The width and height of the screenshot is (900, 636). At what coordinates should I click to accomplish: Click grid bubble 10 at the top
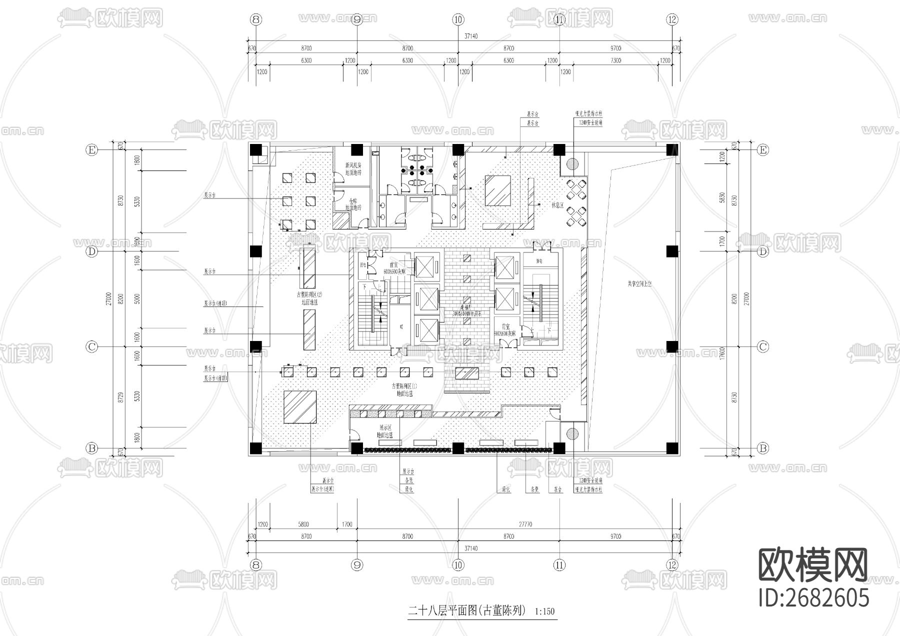pyautogui.click(x=458, y=20)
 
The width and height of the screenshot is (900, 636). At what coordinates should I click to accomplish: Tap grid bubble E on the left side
pyautogui.click(x=91, y=150)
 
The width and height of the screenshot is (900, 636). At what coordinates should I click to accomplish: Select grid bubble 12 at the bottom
pyautogui.click(x=672, y=565)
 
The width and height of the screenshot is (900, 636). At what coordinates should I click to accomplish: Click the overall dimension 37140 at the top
pyautogui.click(x=471, y=36)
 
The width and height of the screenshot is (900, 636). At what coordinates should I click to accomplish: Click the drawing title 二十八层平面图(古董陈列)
pyautogui.click(x=467, y=610)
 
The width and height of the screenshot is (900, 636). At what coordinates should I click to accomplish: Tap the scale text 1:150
pyautogui.click(x=544, y=611)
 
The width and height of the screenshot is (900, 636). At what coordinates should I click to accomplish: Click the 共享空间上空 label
pyautogui.click(x=639, y=283)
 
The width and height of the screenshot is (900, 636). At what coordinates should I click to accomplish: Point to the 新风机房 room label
pyautogui.click(x=353, y=165)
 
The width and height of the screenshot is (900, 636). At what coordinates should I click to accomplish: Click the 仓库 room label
pyautogui.click(x=353, y=201)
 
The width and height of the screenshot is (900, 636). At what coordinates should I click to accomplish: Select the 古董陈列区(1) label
pyautogui.click(x=404, y=386)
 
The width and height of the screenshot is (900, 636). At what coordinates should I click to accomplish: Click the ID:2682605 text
pyautogui.click(x=813, y=597)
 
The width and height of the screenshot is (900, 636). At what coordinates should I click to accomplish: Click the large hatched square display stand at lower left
pyautogui.click(x=300, y=407)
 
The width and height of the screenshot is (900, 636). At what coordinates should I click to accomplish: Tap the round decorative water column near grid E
pyautogui.click(x=572, y=163)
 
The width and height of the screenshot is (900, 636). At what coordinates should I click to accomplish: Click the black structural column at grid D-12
pyautogui.click(x=672, y=251)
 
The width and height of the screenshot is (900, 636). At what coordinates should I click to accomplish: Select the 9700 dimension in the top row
pyautogui.click(x=615, y=48)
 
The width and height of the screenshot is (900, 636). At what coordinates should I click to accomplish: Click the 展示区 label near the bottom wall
pyautogui.click(x=385, y=428)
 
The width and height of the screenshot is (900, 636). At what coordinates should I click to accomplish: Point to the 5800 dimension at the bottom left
pyautogui.click(x=303, y=524)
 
